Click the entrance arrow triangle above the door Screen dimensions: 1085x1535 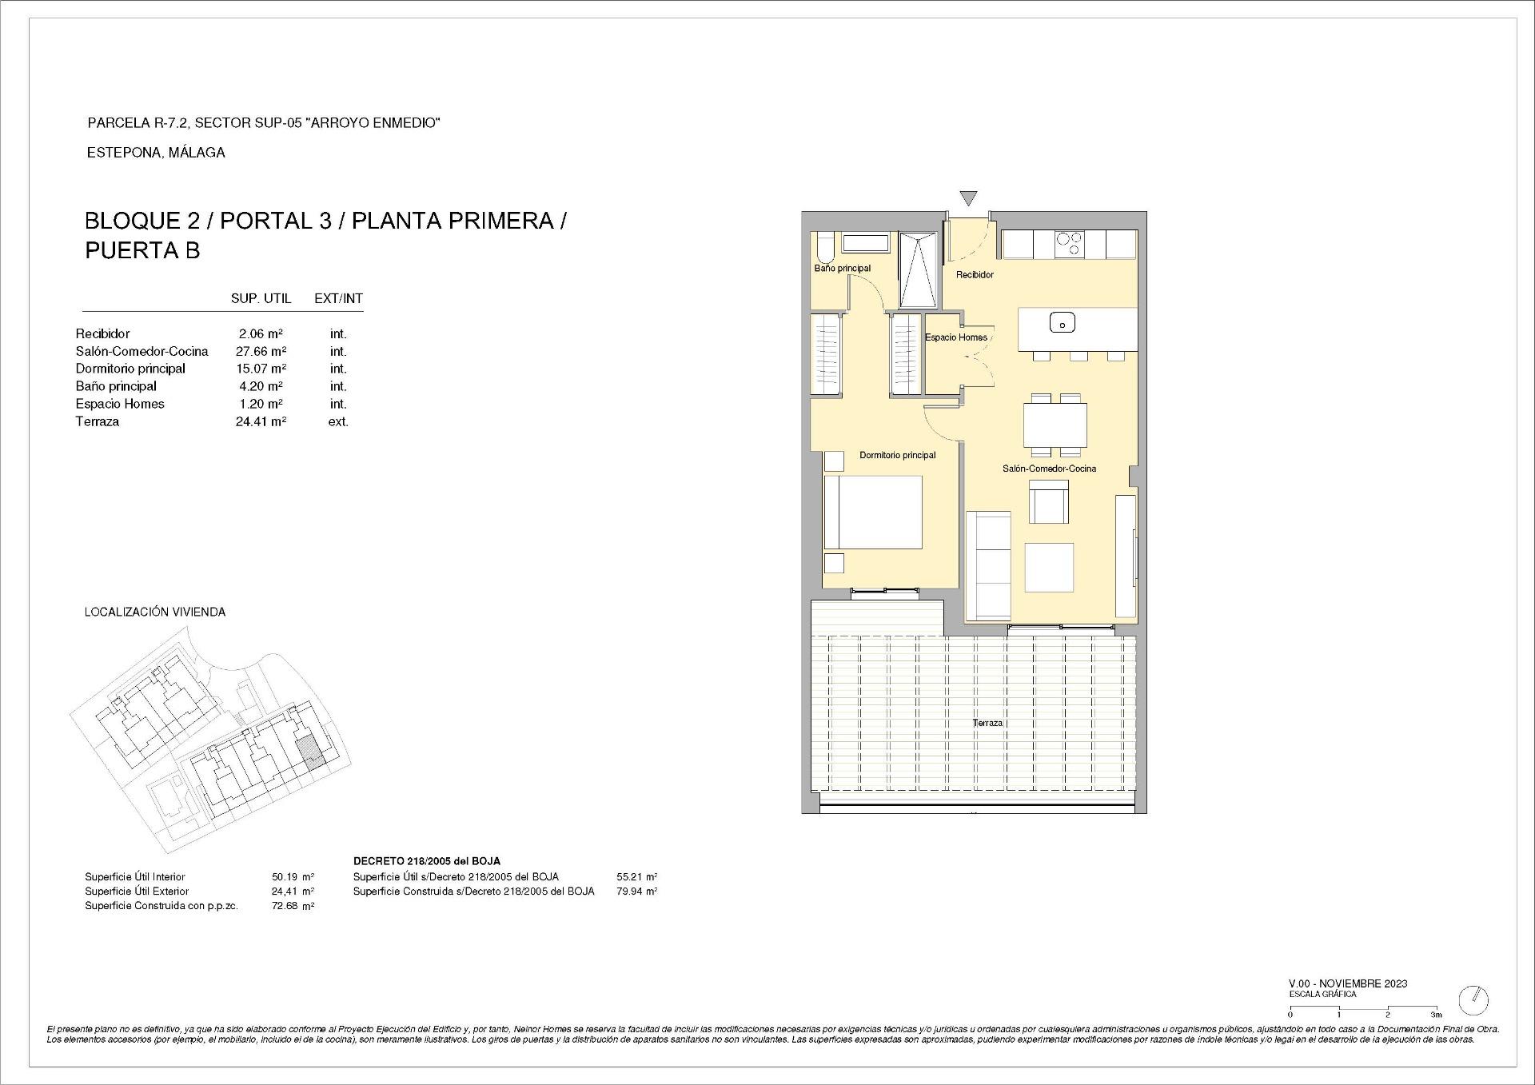pyautogui.click(x=968, y=198)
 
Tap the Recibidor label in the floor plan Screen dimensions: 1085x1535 pyautogui.click(x=975, y=274)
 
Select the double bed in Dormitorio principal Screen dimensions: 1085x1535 pyautogui.click(x=873, y=512)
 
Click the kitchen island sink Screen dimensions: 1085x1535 pyautogui.click(x=1062, y=323)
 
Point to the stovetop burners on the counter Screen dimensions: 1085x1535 pyautogui.click(x=1069, y=244)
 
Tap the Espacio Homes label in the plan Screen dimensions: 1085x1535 pyautogui.click(x=955, y=337)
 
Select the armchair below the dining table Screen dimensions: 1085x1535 pyautogui.click(x=1048, y=502)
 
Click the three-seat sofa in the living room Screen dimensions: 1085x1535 pyautogui.click(x=988, y=566)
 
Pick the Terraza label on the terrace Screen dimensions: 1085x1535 pyautogui.click(x=987, y=723)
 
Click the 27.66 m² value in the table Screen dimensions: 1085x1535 pyautogui.click(x=261, y=351)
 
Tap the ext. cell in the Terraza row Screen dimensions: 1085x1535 pyautogui.click(x=338, y=421)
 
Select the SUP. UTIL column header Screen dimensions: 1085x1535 pyautogui.click(x=261, y=298)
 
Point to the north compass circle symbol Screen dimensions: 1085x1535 pyautogui.click(x=1473, y=999)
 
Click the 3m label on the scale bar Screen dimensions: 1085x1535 pyautogui.click(x=1436, y=1015)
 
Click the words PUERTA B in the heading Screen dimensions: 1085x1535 pyautogui.click(x=142, y=250)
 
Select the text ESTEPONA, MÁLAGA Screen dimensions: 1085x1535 pyautogui.click(x=156, y=153)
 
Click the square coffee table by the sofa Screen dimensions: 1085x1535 pyautogui.click(x=1049, y=567)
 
